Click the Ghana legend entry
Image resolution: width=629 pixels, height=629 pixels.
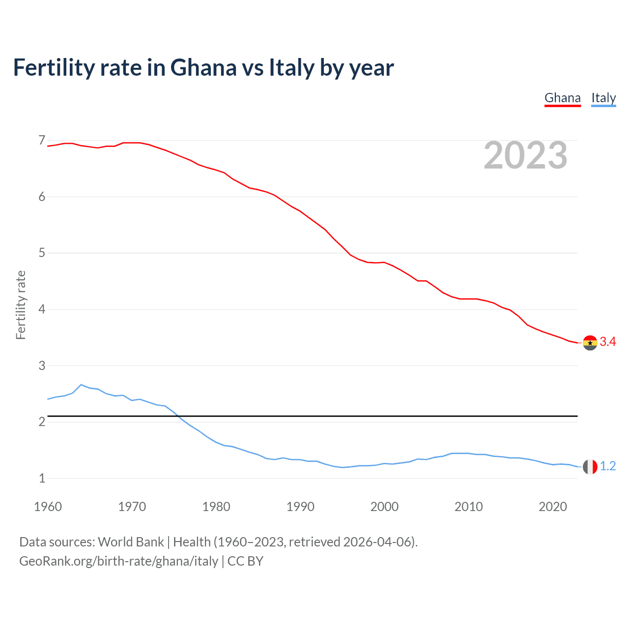pyautogui.click(x=563, y=98)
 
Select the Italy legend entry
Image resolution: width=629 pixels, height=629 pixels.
pyautogui.click(x=603, y=98)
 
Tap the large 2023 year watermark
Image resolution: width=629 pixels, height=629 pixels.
pyautogui.click(x=525, y=155)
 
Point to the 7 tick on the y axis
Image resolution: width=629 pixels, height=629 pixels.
pyautogui.click(x=42, y=141)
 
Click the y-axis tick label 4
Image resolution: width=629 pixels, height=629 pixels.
pyautogui.click(x=42, y=309)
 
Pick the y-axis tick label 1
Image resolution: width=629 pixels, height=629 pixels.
pyautogui.click(x=42, y=478)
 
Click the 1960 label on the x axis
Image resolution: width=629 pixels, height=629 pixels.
pyautogui.click(x=48, y=507)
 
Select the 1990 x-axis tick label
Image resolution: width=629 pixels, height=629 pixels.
pyautogui.click(x=300, y=507)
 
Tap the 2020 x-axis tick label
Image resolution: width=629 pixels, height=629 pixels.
pyautogui.click(x=553, y=507)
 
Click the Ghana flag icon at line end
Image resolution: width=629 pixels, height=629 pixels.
pyautogui.click(x=590, y=343)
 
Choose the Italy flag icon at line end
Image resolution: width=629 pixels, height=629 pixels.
pyautogui.click(x=590, y=467)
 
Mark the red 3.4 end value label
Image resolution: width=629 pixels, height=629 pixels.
pyautogui.click(x=608, y=342)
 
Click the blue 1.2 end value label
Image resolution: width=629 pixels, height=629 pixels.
pyautogui.click(x=608, y=466)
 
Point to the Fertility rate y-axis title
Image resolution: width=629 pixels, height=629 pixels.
pyautogui.click(x=21, y=305)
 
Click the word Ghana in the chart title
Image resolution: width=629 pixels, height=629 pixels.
pyautogui.click(x=203, y=68)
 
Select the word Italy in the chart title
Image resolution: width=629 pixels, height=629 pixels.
pyautogui.click(x=291, y=68)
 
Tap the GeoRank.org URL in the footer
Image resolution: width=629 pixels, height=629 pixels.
pyautogui.click(x=118, y=561)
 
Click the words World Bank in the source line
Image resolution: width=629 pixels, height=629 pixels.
pyautogui.click(x=131, y=542)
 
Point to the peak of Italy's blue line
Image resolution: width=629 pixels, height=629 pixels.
pyautogui.click(x=81, y=385)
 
